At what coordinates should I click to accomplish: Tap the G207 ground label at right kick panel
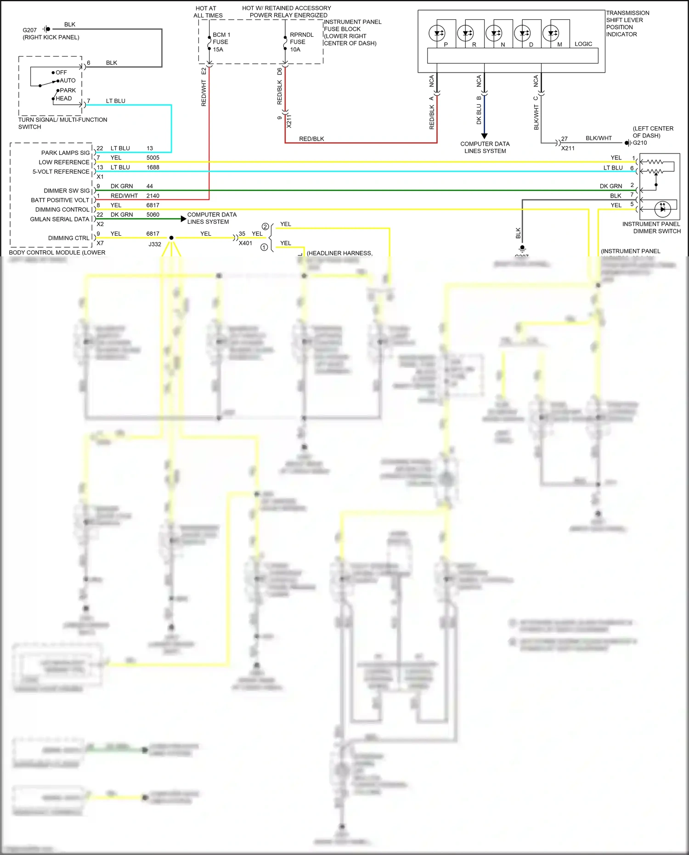point(30,30)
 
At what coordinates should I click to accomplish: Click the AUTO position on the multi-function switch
point(68,80)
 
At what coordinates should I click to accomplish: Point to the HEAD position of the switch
point(64,98)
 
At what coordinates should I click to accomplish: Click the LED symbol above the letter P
point(437,33)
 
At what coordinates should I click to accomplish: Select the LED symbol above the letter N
point(494,33)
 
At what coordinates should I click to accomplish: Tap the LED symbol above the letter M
point(551,33)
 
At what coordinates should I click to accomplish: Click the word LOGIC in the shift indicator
point(583,44)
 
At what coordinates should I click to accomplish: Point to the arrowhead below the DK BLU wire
point(484,136)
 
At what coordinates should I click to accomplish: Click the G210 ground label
point(640,143)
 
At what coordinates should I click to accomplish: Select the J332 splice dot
point(171,238)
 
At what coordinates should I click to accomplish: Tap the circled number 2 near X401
point(265,226)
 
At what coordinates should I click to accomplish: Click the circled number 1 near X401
point(264,247)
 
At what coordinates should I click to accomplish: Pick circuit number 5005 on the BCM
point(153,158)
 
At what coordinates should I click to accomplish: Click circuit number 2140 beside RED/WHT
point(153,196)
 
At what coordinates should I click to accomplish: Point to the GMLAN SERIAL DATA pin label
point(60,219)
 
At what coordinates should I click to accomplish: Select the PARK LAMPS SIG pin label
point(66,153)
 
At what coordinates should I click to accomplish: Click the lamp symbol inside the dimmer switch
point(662,209)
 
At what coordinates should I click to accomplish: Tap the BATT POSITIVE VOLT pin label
point(60,200)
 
